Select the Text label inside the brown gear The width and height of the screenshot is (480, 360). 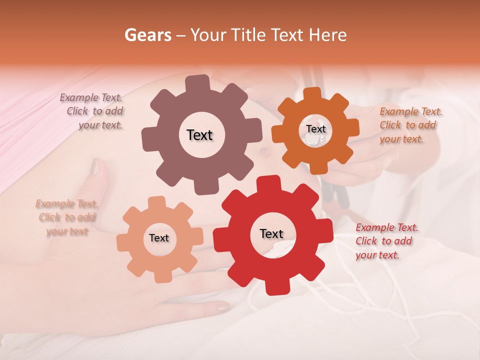pos(199,135)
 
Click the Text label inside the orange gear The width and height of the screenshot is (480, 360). pos(315,129)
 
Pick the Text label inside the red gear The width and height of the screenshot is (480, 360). pos(271,233)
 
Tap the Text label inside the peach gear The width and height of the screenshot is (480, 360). pos(158,238)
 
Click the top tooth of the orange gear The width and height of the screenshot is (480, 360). pos(313,93)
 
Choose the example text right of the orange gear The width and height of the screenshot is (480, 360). pos(409,125)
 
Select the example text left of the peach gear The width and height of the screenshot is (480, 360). pos(67,217)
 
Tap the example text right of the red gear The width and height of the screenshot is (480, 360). pos(385,241)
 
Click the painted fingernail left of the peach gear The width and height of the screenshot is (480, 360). pos(95,166)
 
